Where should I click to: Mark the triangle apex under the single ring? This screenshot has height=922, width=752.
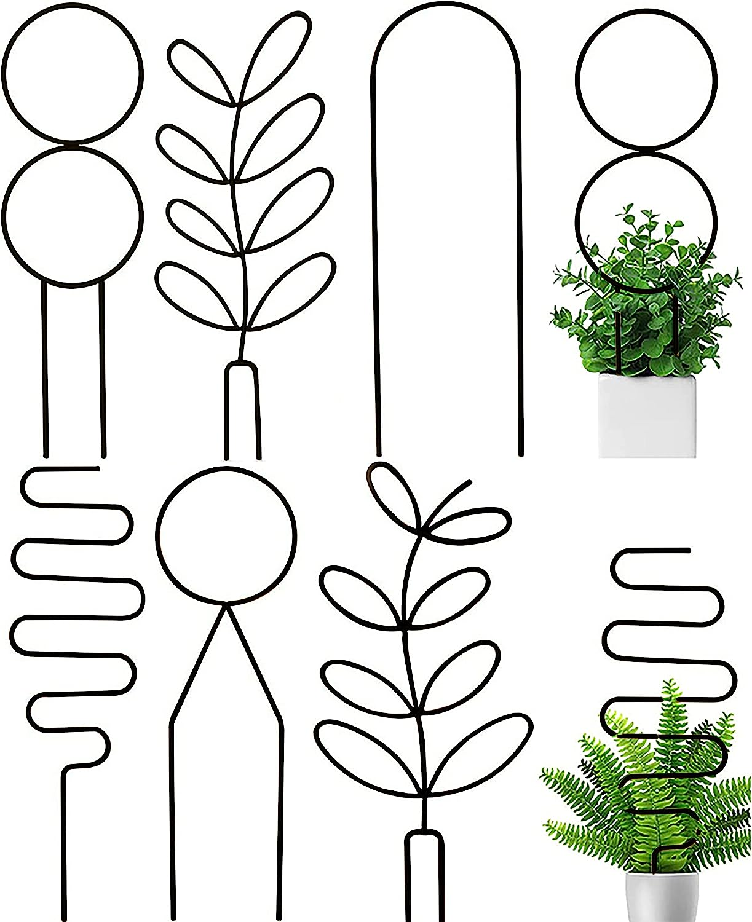click(x=226, y=605)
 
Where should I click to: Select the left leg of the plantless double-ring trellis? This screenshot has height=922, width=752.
click(x=44, y=369)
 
